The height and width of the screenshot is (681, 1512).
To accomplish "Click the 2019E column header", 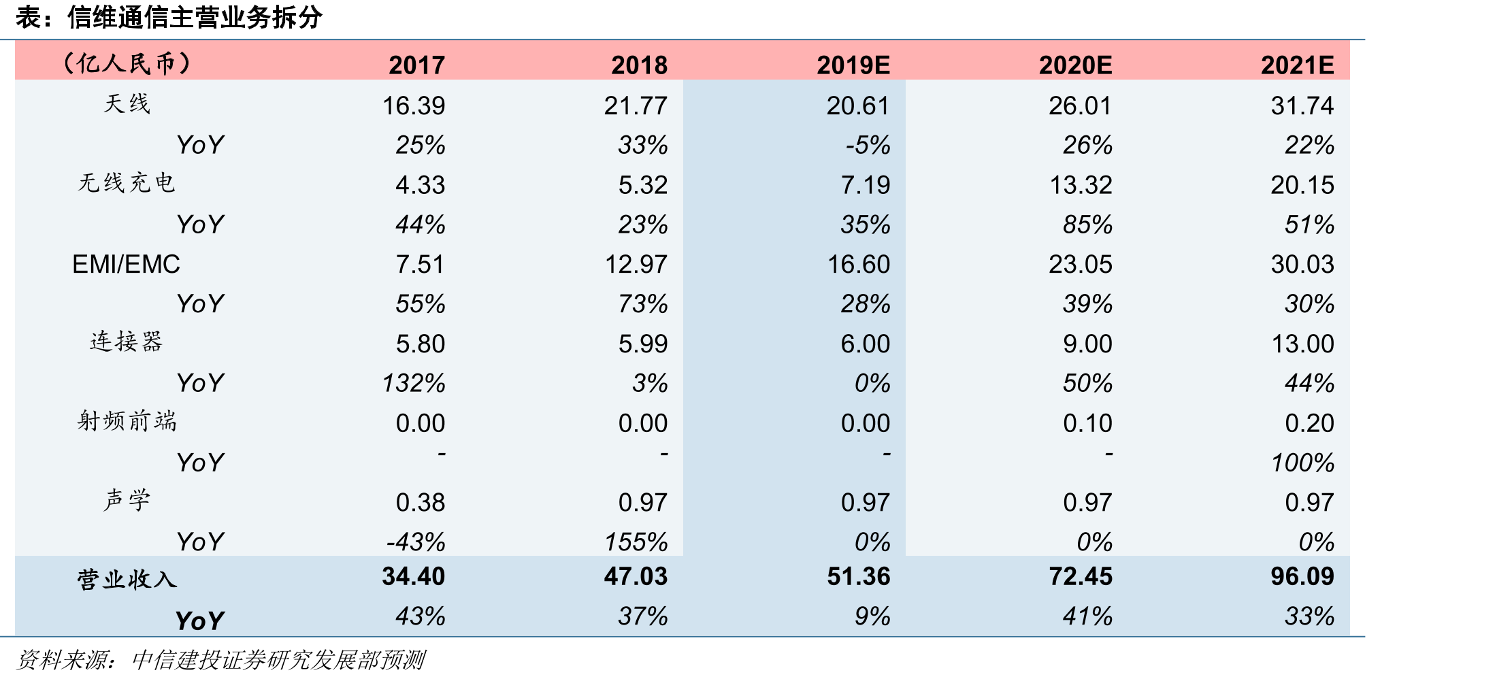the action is coord(853,65).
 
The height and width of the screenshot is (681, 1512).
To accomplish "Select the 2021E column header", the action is coord(1297,65).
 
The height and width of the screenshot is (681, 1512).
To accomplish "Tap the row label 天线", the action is coord(127,104).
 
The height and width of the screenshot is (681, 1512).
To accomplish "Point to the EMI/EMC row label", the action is coord(126,264).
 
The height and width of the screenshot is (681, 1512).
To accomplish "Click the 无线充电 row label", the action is coord(127,183).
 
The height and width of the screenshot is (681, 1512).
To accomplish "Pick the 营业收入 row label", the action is coord(127,580).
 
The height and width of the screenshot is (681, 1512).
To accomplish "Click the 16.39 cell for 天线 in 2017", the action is coord(414,105).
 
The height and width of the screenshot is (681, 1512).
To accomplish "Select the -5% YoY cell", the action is coord(868,145).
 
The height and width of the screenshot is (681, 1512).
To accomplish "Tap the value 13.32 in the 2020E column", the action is coord(1081,185).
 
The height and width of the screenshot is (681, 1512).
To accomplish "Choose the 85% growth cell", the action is coord(1087,225).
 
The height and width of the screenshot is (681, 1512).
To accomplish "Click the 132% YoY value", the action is coord(414,383).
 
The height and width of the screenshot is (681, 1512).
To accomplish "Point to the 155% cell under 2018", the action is coord(636,542).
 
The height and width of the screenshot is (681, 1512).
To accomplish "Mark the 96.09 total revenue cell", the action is coord(1302,576).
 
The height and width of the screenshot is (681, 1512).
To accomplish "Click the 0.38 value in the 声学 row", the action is coord(421,502).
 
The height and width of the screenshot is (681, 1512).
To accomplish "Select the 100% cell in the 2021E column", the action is coord(1302,463).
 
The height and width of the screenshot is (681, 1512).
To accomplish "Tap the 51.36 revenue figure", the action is coord(859,576).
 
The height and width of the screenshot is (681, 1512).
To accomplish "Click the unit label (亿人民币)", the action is coord(127,64).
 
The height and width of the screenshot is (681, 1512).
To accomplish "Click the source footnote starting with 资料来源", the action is coord(220,660).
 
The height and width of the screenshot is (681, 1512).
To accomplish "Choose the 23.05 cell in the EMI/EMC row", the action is coord(1081,264).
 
